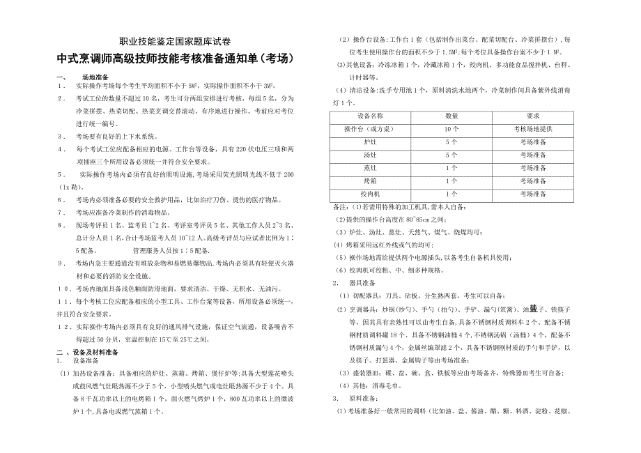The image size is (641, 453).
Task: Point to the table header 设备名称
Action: pos(370,116)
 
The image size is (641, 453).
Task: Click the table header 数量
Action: pos(451,116)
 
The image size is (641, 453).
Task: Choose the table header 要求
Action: pos(534,116)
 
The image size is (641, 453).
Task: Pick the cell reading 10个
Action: pos(451,129)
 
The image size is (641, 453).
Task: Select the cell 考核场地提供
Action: pos(534,129)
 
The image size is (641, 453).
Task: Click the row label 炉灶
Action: pos(370,141)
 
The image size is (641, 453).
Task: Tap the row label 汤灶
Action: pos(370,155)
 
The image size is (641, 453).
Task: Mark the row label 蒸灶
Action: pos(370,168)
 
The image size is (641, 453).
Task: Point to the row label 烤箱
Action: pos(370,181)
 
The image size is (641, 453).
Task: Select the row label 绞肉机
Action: pos(370,194)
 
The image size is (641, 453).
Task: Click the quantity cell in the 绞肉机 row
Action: pos(451,194)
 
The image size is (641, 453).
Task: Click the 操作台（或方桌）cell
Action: pos(370,129)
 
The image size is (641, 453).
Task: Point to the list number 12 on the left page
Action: pos(63,326)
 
